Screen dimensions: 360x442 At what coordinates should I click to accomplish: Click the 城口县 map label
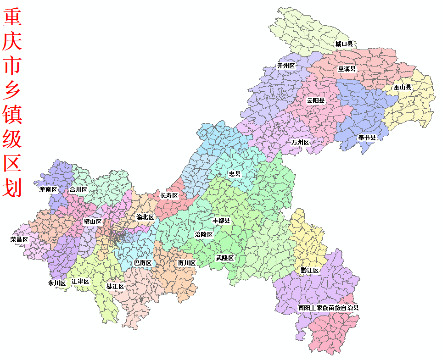344,44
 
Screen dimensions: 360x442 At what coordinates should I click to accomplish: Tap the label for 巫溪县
347,69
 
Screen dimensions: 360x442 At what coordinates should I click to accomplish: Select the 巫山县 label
402,87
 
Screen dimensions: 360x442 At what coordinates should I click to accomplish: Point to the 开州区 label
286,66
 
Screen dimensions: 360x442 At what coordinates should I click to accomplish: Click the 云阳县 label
316,100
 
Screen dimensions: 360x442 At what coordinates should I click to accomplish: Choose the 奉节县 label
367,138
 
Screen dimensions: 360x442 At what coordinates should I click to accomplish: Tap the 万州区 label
300,142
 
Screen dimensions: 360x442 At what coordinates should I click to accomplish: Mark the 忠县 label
235,174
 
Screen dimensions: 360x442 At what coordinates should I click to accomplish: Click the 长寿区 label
168,195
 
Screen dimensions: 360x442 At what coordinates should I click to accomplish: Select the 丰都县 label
220,221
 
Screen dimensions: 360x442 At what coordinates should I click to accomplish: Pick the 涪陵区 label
204,235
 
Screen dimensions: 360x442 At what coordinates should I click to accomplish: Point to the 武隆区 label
225,258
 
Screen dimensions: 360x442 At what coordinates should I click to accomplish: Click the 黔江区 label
310,271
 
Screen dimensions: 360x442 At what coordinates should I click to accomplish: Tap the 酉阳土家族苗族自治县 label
328,308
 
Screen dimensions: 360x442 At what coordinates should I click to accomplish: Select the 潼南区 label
48,189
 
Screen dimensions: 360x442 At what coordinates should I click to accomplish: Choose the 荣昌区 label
19,239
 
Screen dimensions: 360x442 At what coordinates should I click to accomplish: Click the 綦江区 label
115,287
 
